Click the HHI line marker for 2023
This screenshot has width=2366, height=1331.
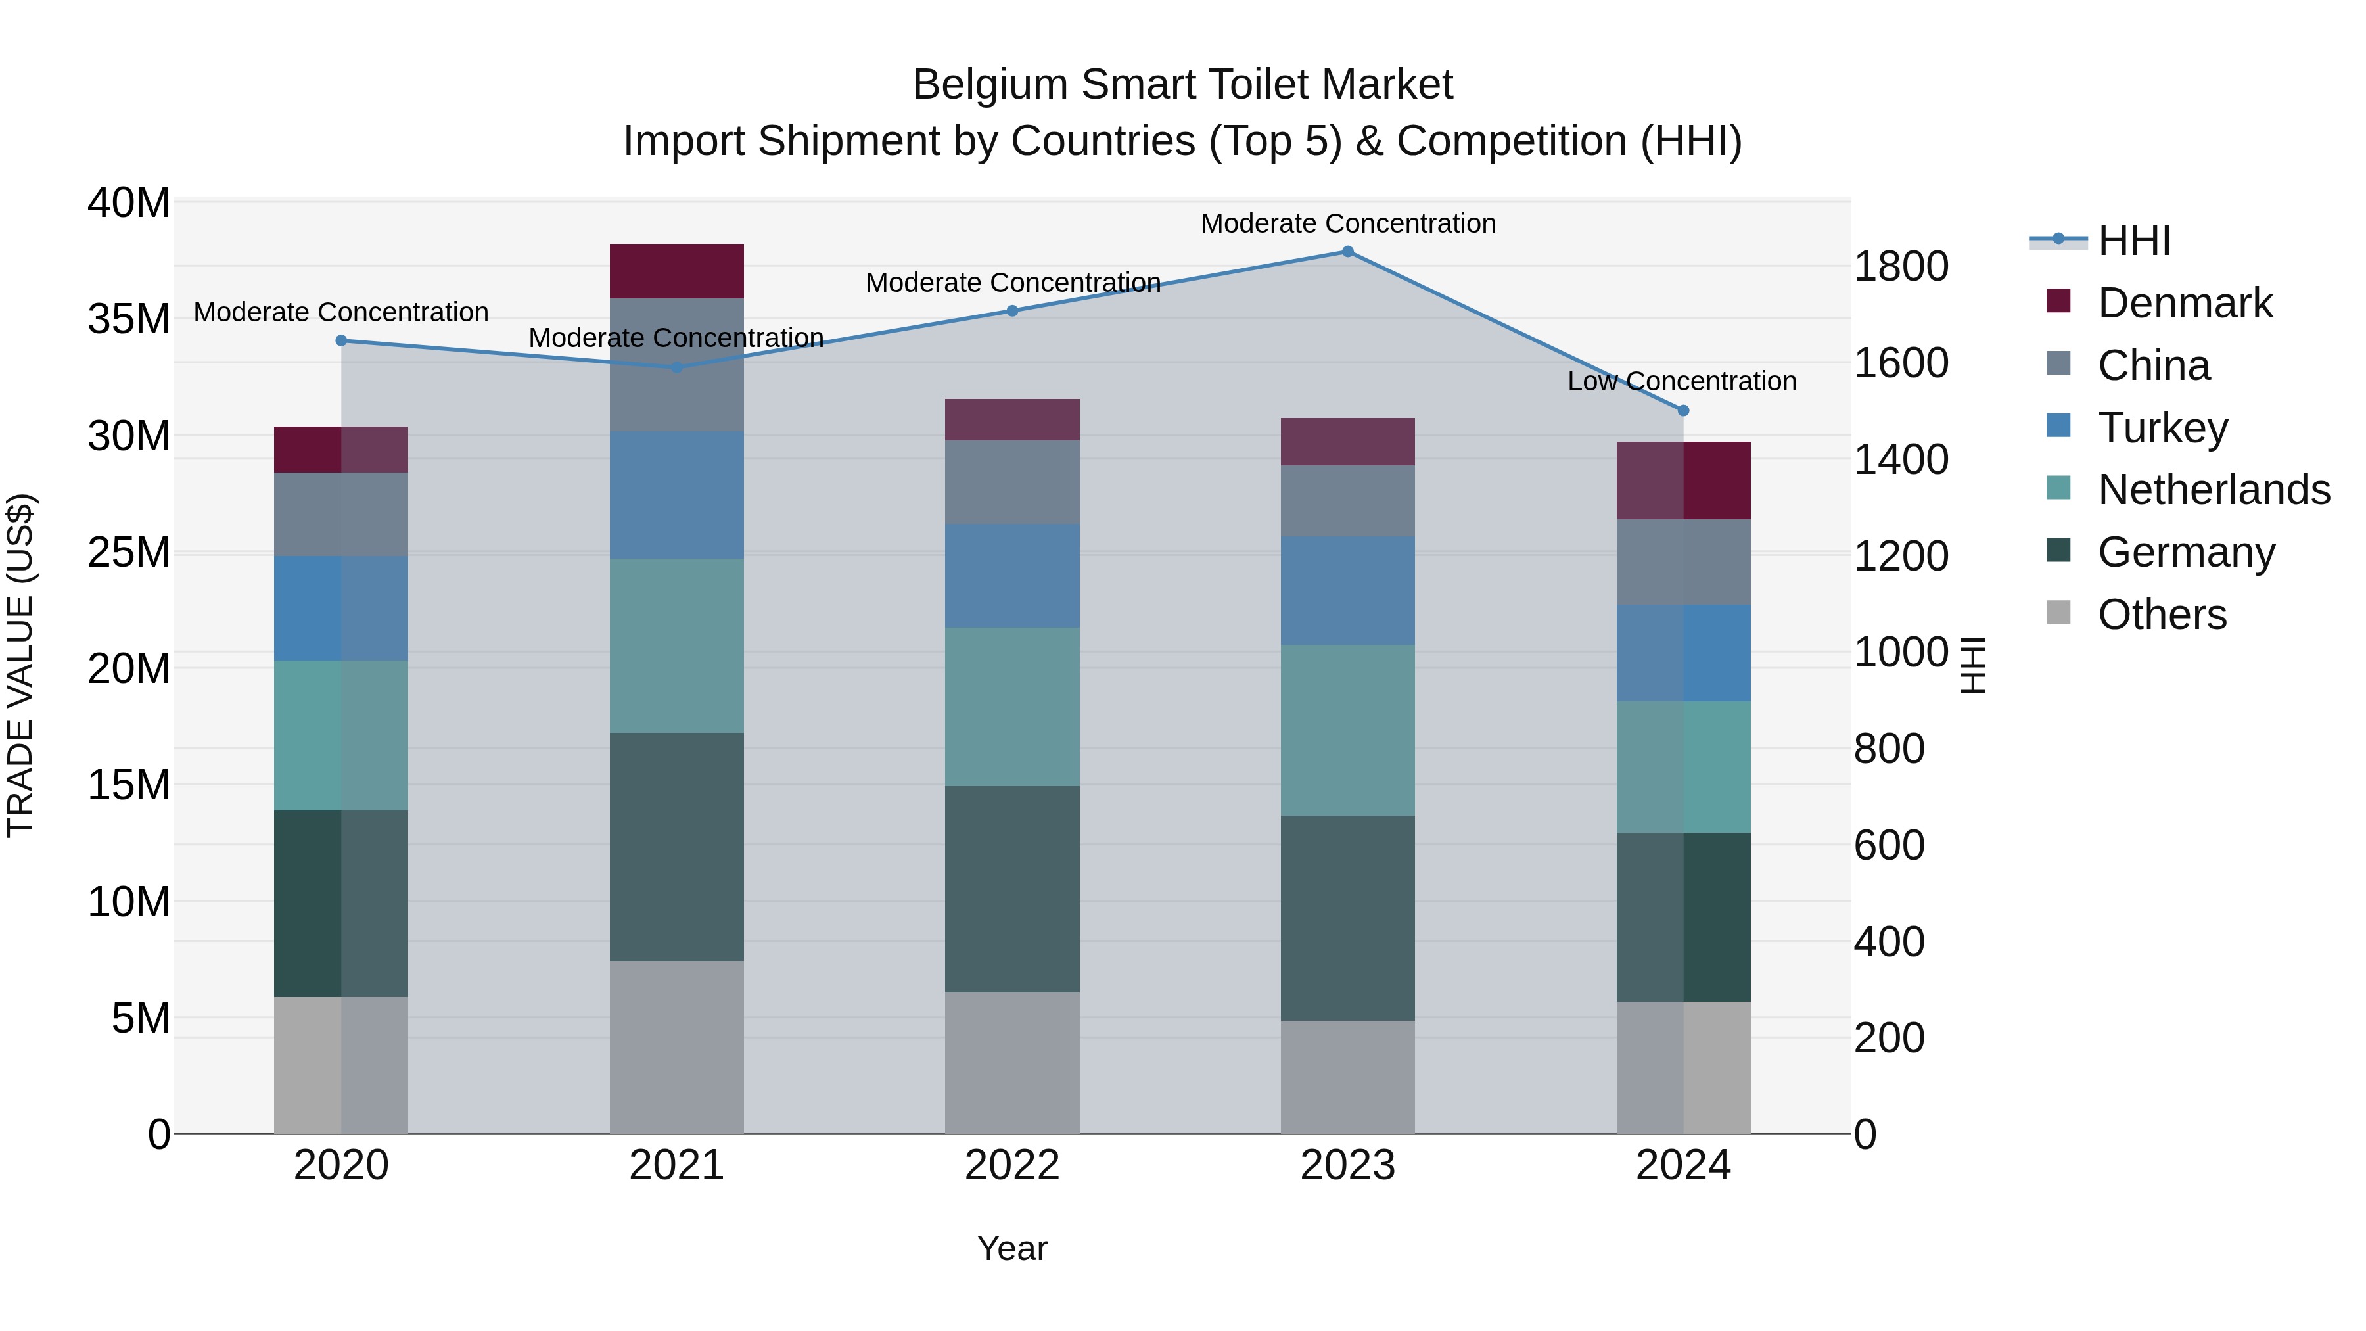click(1347, 252)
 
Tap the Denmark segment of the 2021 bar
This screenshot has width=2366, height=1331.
click(676, 271)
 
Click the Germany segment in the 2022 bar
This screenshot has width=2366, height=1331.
click(1012, 889)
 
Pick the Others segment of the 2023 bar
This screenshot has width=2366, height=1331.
click(1347, 1077)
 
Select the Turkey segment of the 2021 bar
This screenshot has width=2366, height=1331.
click(676, 495)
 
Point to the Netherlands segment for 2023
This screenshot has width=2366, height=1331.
click(1347, 730)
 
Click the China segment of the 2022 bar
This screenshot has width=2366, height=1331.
click(1012, 482)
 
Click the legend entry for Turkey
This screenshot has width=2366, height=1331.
click(2162, 428)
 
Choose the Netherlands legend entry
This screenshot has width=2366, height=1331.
click(2214, 490)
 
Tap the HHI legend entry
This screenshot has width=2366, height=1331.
click(2133, 241)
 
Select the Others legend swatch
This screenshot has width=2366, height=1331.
click(2058, 613)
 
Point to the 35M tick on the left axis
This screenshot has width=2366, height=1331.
click(129, 319)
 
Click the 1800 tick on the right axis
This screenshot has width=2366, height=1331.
click(1900, 266)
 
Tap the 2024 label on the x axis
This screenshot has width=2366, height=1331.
click(1682, 1165)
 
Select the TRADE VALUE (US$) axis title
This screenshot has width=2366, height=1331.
click(20, 665)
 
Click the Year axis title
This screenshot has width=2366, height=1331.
click(1012, 1248)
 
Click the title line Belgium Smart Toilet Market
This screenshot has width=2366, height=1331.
click(1182, 85)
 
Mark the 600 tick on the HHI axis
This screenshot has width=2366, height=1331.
click(1888, 845)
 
